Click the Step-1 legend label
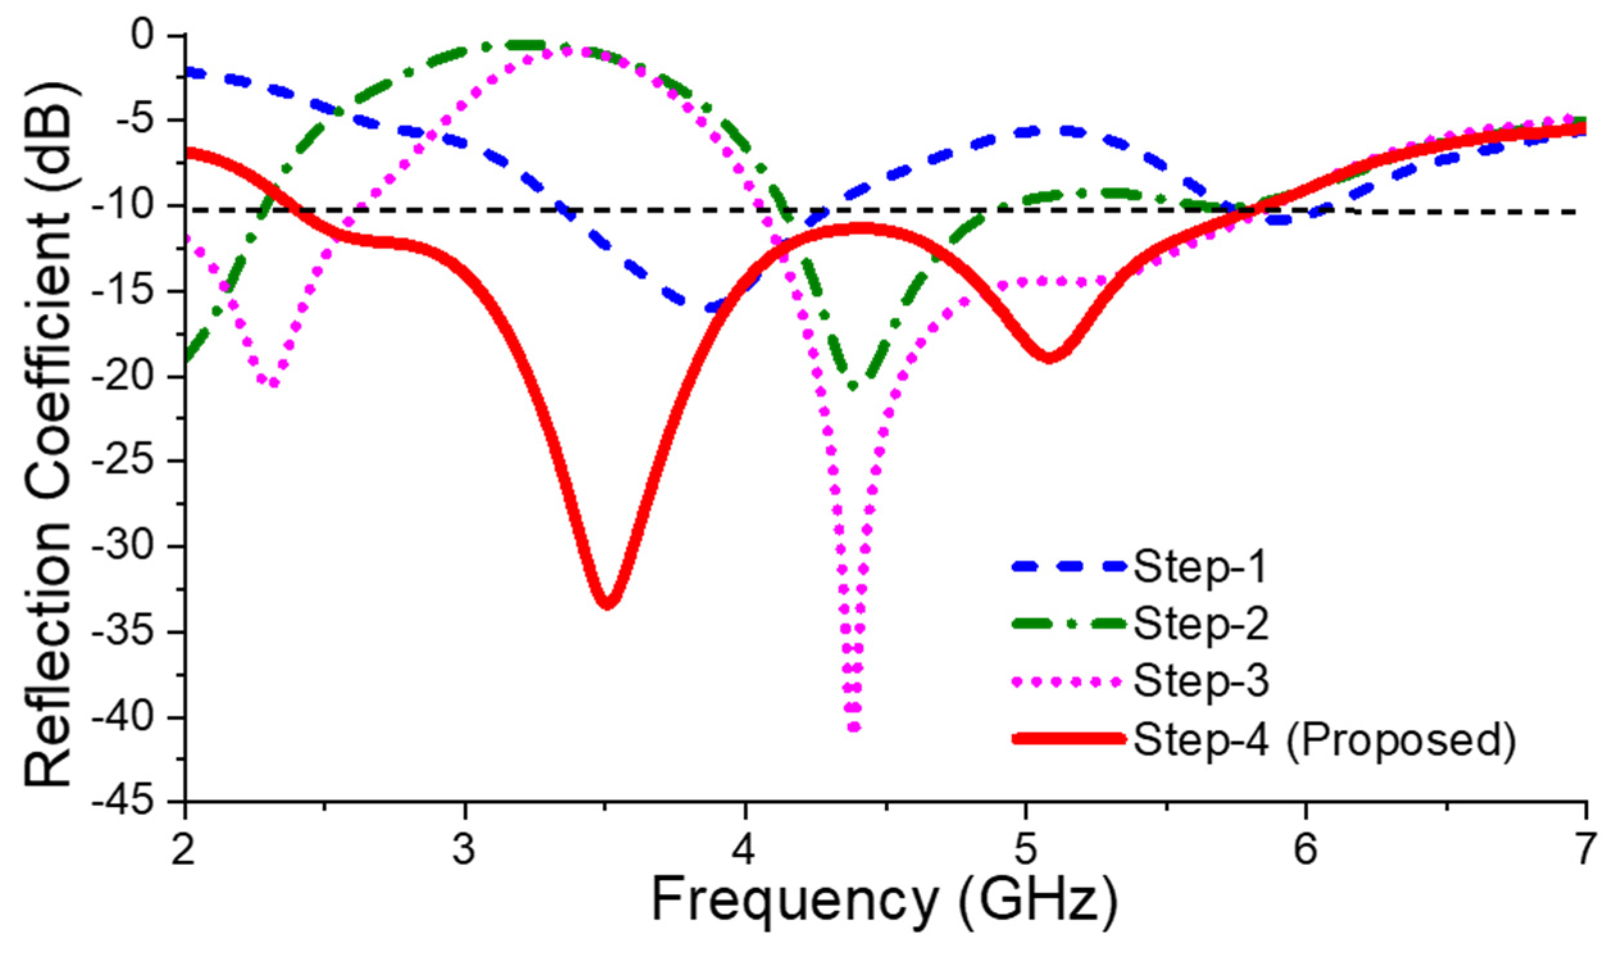coord(1199,568)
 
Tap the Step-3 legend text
coord(1200,681)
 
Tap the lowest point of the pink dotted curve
coord(853,727)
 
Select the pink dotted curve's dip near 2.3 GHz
coord(273,383)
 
